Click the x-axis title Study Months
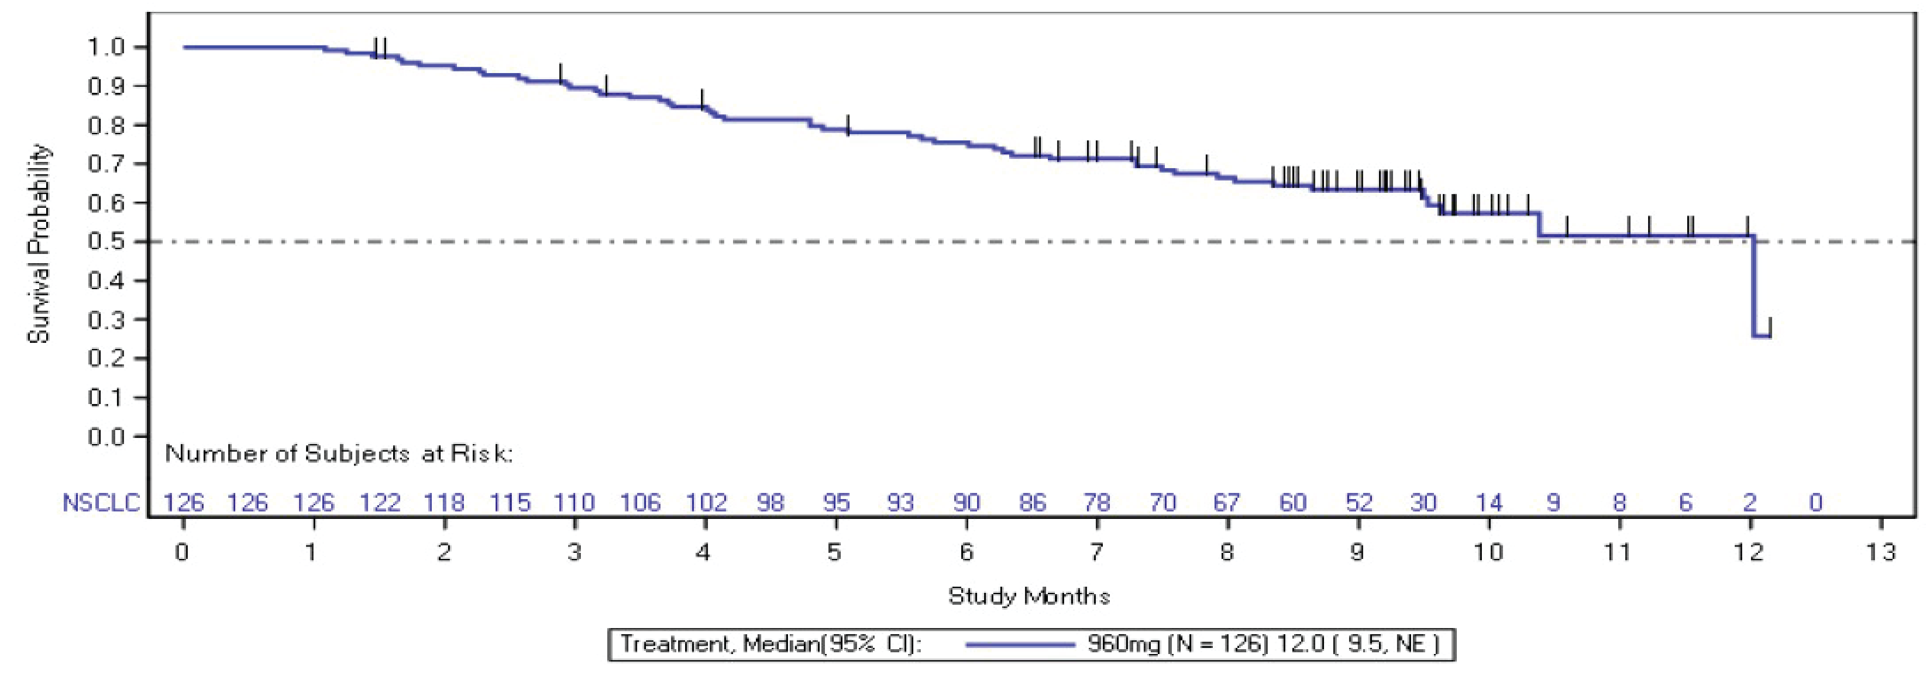pyautogui.click(x=1029, y=596)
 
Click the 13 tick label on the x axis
pyautogui.click(x=1880, y=553)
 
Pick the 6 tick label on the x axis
pyautogui.click(x=966, y=553)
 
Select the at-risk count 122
pyautogui.click(x=380, y=503)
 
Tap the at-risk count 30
pyautogui.click(x=1423, y=503)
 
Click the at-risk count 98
pyautogui.click(x=770, y=503)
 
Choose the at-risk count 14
pyautogui.click(x=1488, y=503)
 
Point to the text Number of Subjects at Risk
pyautogui.click(x=339, y=453)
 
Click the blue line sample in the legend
pyautogui.click(x=1019, y=644)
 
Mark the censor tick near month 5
pyautogui.click(x=848, y=125)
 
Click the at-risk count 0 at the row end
pyautogui.click(x=1815, y=503)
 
